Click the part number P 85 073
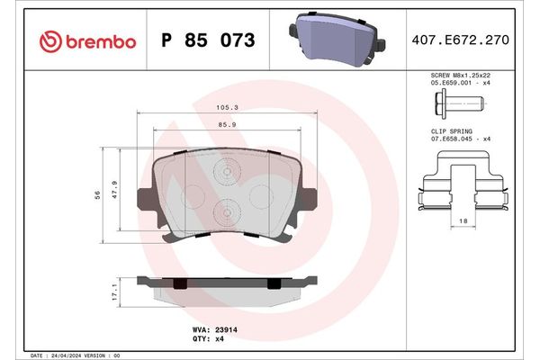(207, 40)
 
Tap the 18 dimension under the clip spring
(463, 220)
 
